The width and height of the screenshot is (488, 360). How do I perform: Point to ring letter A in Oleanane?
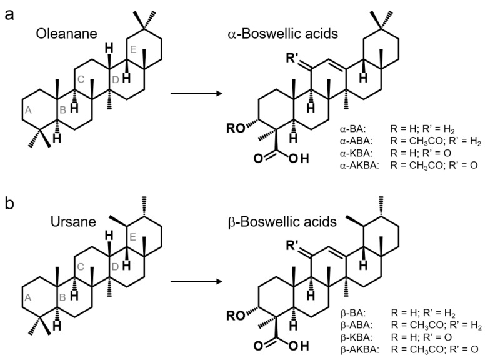[x=27, y=110]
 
